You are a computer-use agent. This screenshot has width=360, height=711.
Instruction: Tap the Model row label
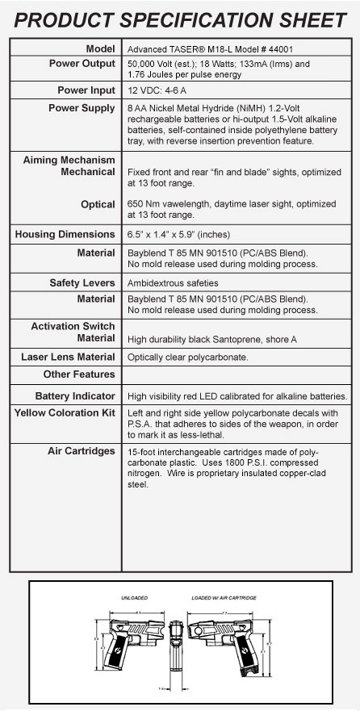(100, 48)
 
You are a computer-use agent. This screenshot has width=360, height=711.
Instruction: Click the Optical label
(97, 204)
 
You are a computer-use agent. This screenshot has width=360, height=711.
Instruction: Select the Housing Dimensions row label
(65, 234)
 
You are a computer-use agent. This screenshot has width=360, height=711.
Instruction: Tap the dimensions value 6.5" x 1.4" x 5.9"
(178, 235)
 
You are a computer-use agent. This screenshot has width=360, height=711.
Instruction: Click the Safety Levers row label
(78, 283)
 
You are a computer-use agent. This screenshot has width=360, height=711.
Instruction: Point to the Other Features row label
(79, 374)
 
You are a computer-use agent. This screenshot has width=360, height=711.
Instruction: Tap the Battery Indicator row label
(75, 396)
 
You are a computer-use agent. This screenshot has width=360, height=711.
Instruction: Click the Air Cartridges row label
(82, 450)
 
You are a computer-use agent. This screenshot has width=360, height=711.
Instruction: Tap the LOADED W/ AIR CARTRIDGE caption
(224, 598)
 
